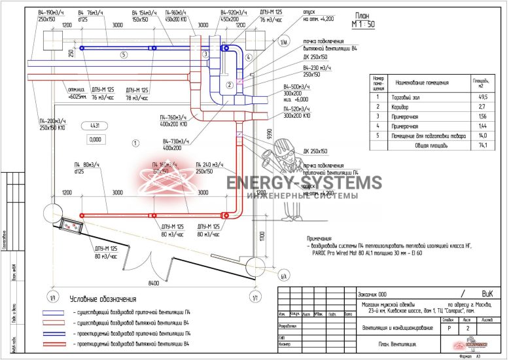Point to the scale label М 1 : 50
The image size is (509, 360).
362,24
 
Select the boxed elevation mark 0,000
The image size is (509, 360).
96,139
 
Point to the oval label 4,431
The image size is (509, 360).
94,125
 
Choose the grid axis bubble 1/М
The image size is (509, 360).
283,43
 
